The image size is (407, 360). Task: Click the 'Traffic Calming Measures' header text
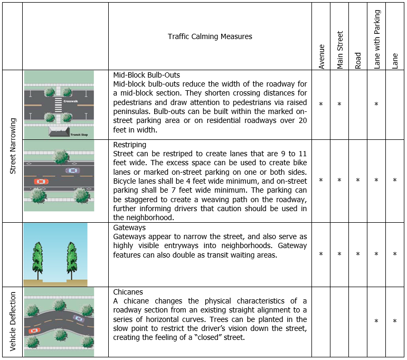[210, 36]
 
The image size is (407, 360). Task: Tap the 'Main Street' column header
[340, 50]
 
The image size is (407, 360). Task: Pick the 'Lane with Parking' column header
[377, 41]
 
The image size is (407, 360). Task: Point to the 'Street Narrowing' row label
[13, 145]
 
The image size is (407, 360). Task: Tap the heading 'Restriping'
[130, 144]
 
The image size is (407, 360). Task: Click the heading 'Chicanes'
[128, 292]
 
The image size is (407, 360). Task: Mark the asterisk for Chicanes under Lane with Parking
[376, 321]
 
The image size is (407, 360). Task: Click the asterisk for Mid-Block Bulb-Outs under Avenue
[321, 105]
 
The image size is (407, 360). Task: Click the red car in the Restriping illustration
[41, 182]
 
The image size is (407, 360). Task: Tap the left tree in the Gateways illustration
[37, 257]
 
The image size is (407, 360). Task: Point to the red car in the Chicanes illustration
[34, 330]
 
